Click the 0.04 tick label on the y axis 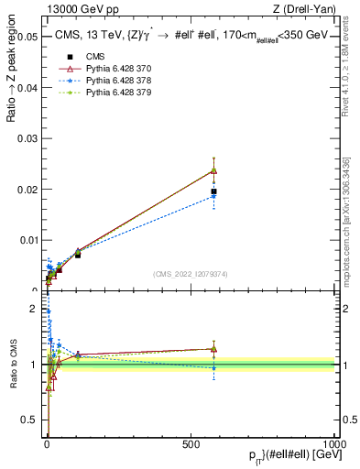point(27,88)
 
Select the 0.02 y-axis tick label point(27,190)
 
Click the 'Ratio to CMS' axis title point(12,365)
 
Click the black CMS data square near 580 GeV point(213,191)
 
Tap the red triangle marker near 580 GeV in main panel point(213,170)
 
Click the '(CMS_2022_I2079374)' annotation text point(191,272)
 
